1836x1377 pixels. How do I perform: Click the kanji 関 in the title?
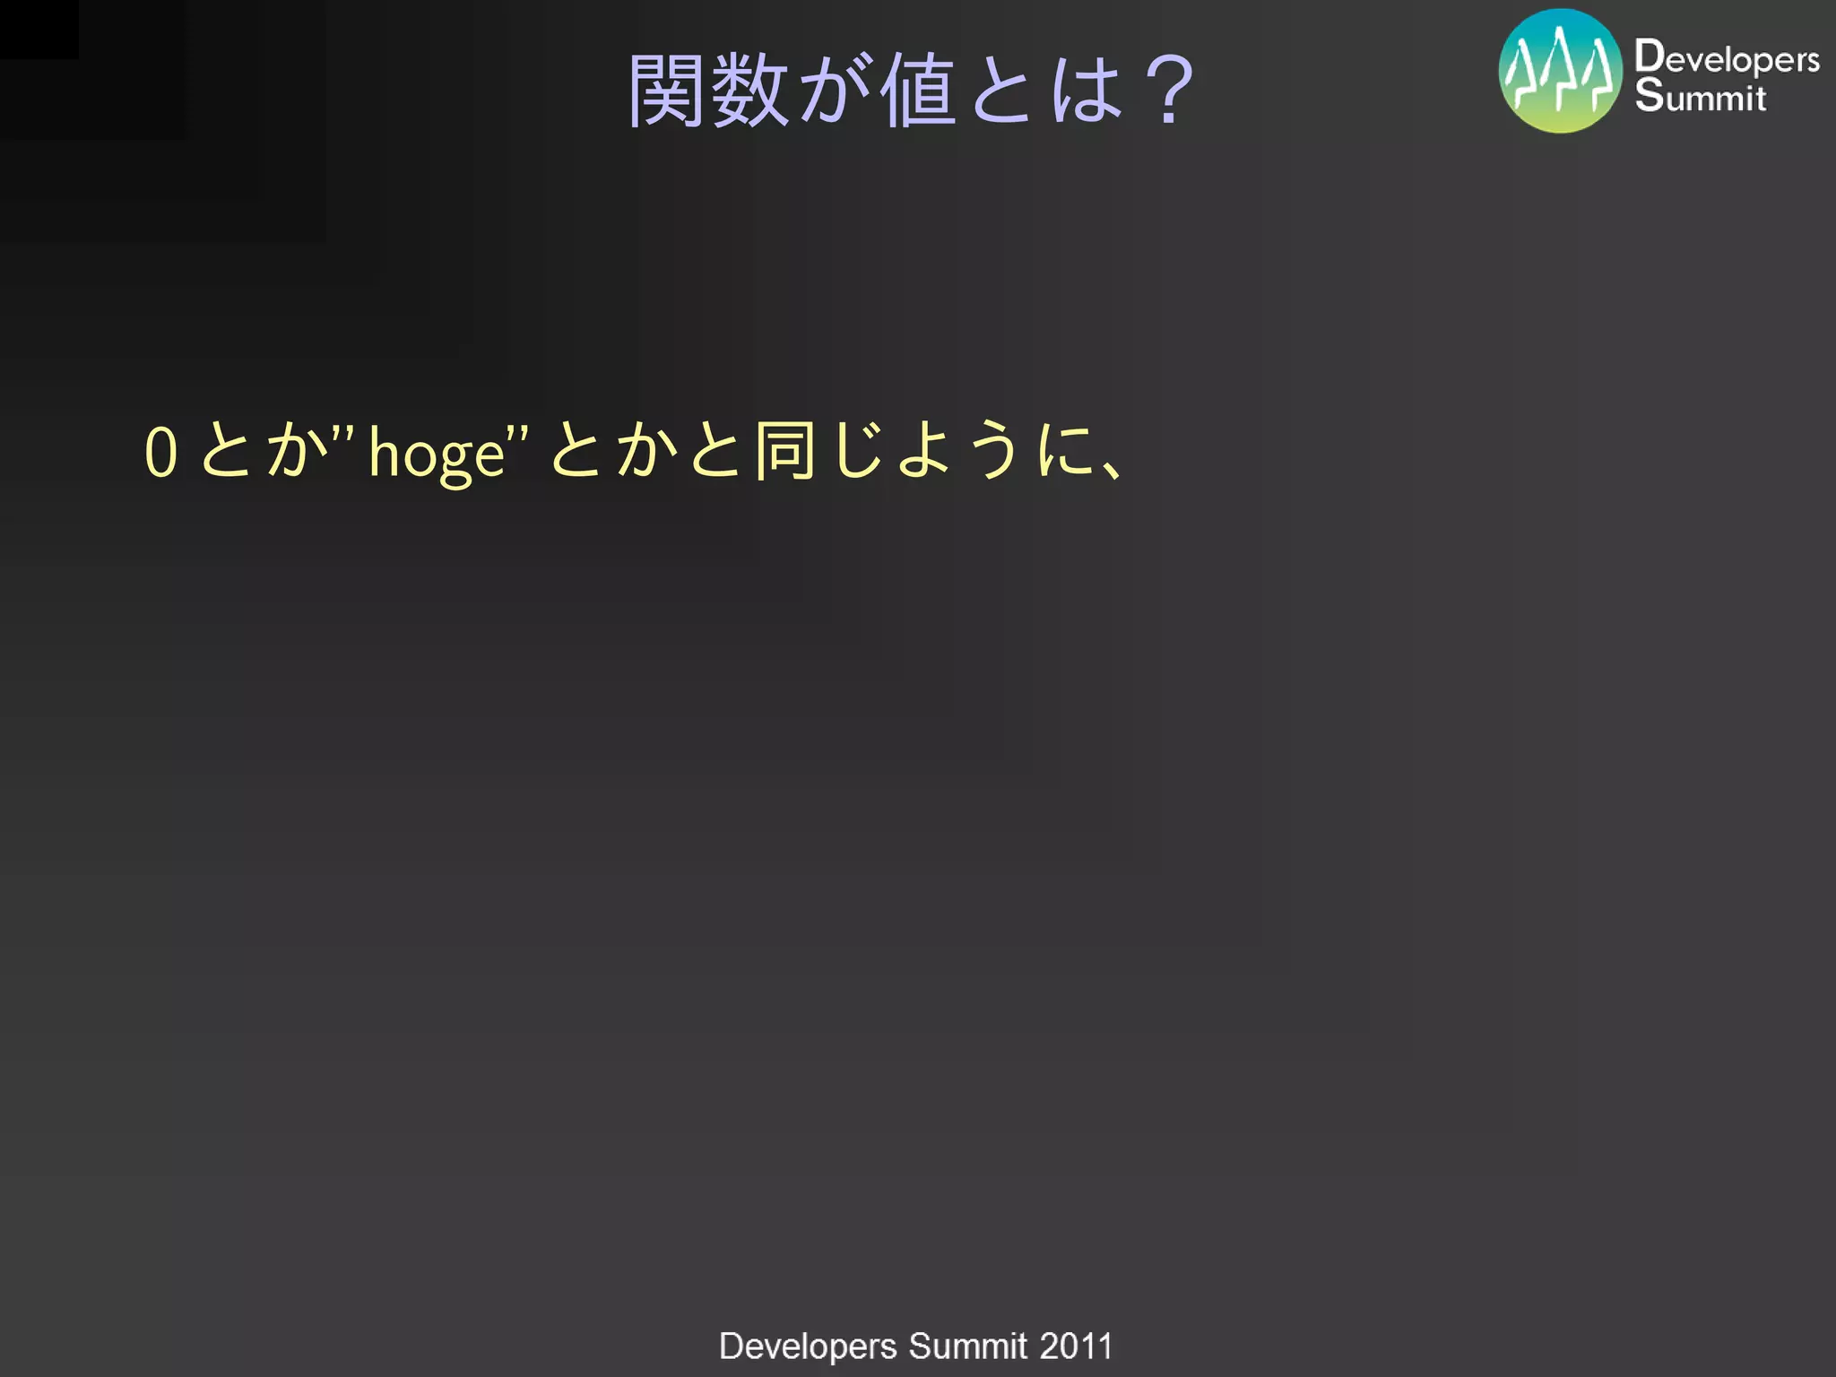point(665,91)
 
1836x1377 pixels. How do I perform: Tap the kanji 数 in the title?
point(749,91)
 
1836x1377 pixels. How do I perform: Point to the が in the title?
point(834,91)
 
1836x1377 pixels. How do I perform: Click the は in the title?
point(1087,91)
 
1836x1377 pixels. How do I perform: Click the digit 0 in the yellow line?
point(161,452)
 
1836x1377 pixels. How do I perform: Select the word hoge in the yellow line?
point(437,455)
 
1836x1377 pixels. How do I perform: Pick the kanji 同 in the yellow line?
point(784,450)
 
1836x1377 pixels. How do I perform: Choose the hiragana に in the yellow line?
point(1065,450)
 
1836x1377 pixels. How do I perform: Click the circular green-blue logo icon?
point(1560,71)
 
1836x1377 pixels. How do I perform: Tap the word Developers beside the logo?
point(1727,57)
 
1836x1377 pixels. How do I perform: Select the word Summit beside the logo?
point(1700,96)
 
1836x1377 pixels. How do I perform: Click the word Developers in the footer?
point(808,1347)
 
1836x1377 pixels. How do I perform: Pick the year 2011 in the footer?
point(1076,1347)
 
